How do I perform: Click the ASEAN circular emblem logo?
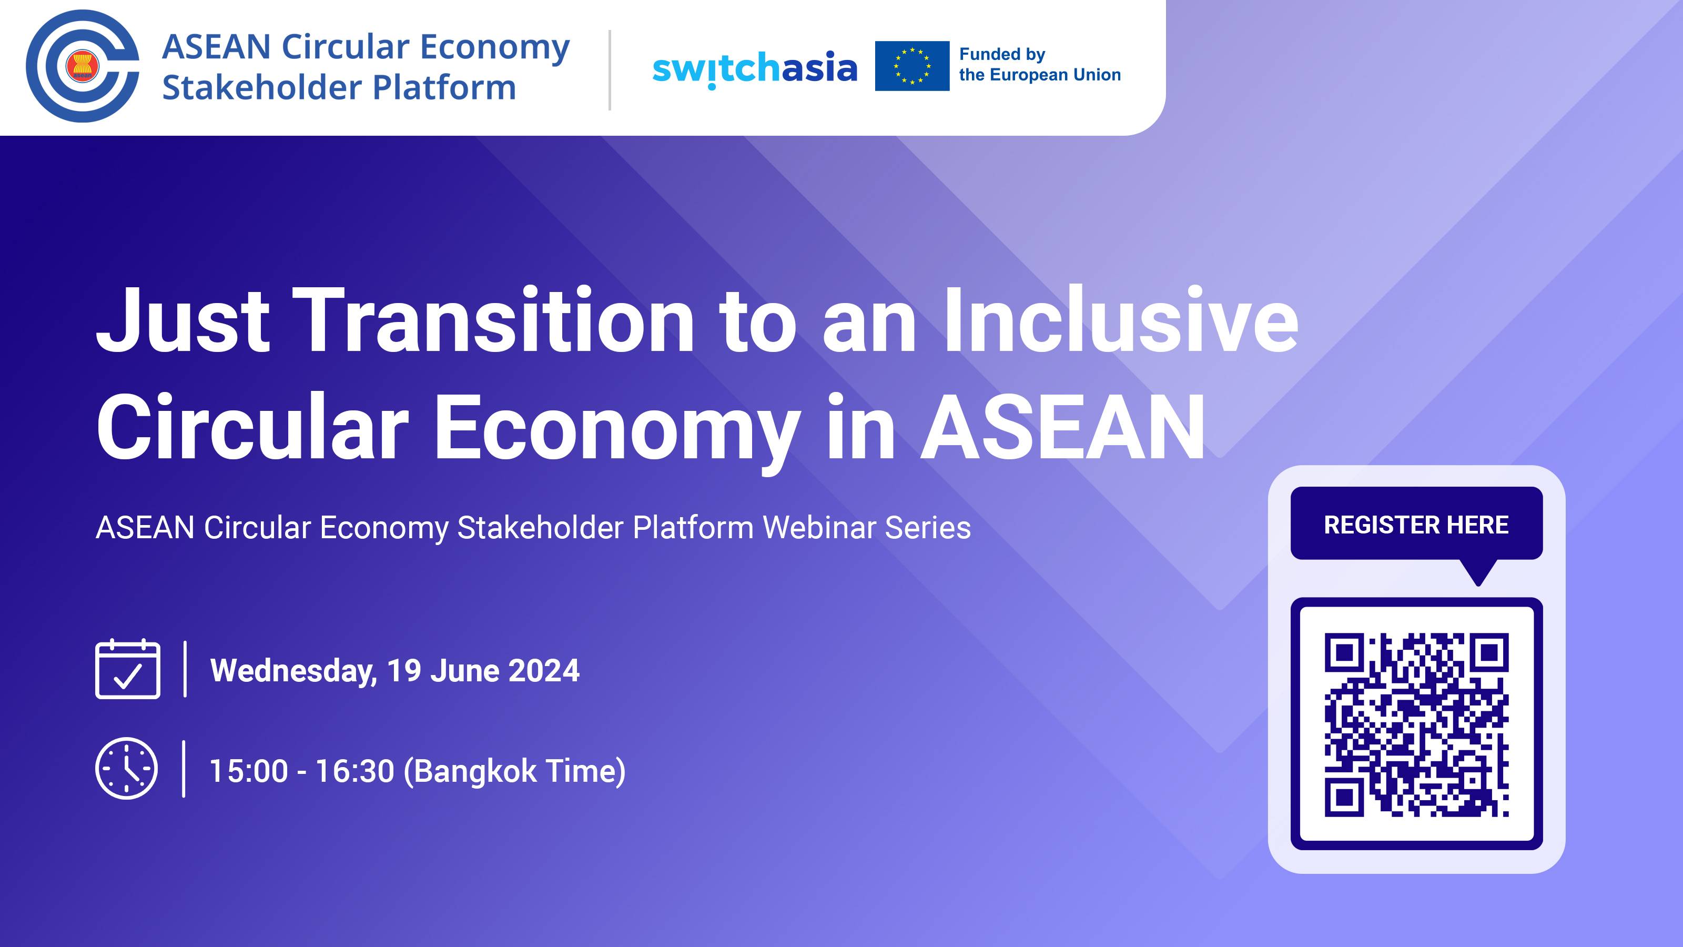[83, 66]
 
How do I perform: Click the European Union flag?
[911, 66]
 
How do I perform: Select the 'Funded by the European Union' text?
[1039, 65]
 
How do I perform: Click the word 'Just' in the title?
[183, 321]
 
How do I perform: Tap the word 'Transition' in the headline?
[493, 321]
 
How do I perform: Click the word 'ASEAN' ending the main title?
[1063, 428]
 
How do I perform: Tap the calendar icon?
[128, 669]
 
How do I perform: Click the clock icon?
[127, 769]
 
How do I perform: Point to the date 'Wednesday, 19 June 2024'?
[394, 671]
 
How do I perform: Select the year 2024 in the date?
[544, 671]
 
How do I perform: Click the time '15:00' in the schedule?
[248, 771]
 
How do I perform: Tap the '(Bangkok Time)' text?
[515, 771]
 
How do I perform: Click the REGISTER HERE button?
[1416, 524]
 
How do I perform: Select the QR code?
[1416, 724]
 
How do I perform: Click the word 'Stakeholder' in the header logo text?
[261, 87]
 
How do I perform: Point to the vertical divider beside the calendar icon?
[186, 669]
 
